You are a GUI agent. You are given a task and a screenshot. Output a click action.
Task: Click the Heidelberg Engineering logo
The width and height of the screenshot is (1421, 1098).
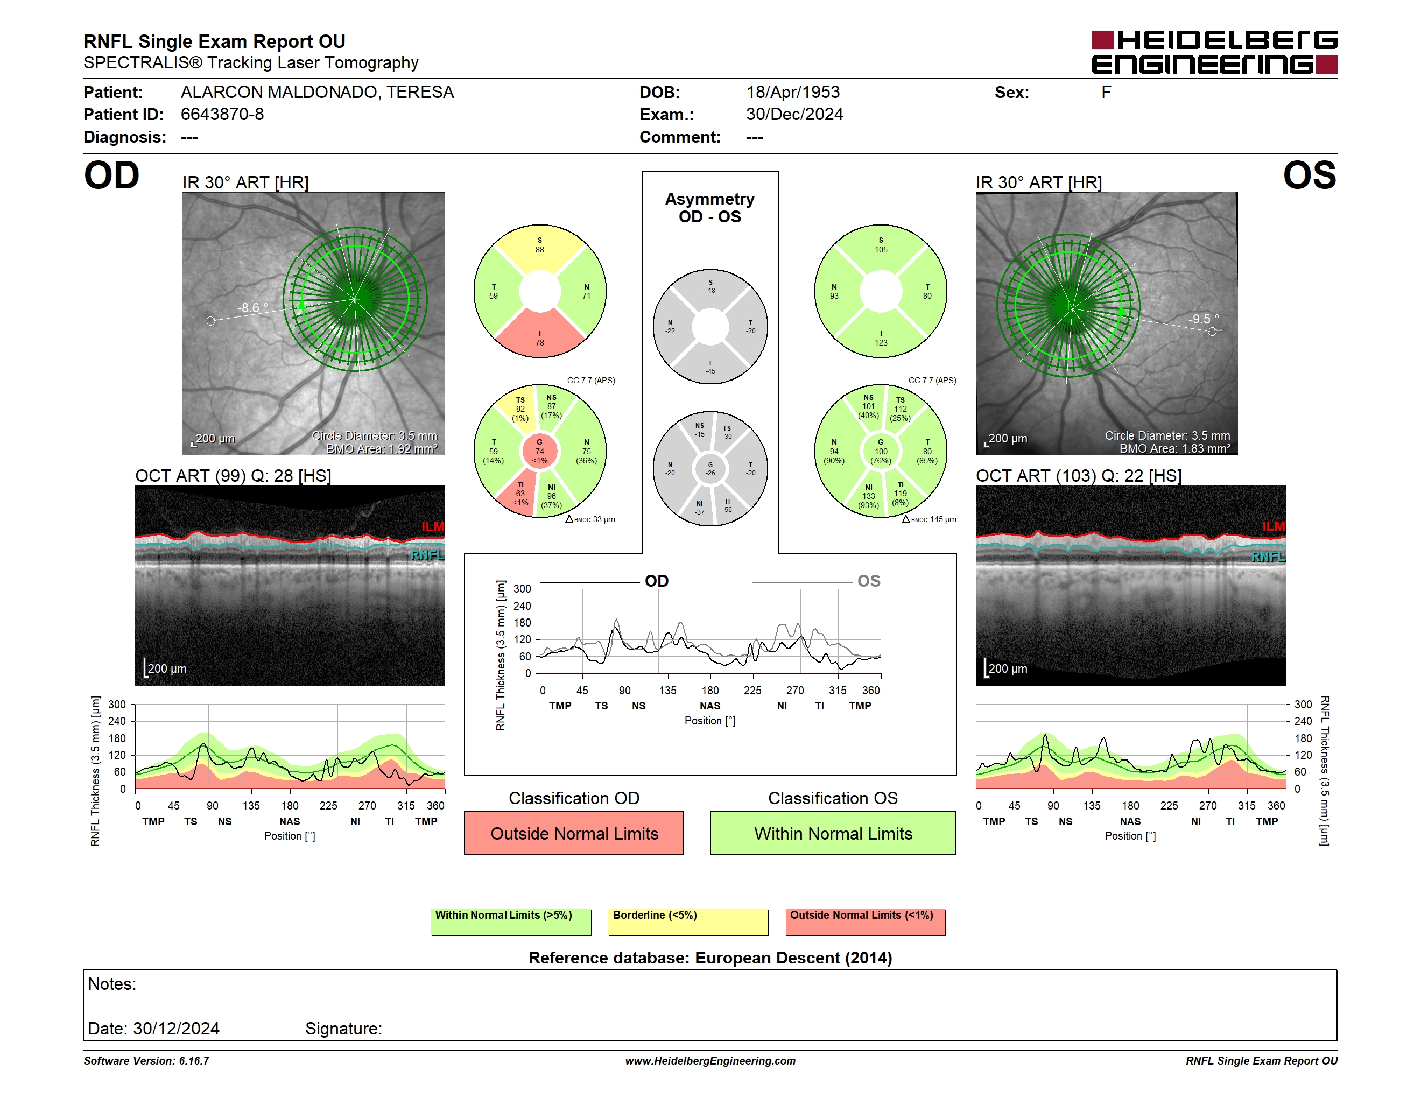(x=1214, y=52)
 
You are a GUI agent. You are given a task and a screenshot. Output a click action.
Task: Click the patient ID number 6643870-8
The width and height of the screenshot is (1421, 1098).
(x=222, y=115)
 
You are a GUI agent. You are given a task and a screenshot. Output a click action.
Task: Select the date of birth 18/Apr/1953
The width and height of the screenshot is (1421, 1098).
(x=792, y=93)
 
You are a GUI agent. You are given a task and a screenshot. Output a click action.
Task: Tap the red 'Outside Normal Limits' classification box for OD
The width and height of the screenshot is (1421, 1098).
(x=573, y=833)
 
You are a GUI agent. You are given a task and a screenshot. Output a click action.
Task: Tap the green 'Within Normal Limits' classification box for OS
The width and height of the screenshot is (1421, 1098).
(x=832, y=833)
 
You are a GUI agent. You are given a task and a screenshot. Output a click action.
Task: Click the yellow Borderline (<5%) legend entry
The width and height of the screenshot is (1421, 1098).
(x=688, y=921)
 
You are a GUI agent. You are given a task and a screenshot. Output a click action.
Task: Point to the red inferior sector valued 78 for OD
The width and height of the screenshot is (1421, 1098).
(x=540, y=335)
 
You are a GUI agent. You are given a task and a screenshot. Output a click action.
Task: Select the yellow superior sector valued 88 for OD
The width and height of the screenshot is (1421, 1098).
(x=540, y=247)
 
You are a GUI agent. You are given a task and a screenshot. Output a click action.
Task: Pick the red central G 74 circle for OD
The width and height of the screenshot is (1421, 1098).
(x=540, y=451)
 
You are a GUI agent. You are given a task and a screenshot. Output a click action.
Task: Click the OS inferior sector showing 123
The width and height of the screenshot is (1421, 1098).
(x=881, y=335)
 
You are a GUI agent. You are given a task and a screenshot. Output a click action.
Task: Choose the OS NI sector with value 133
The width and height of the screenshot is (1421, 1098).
(x=868, y=496)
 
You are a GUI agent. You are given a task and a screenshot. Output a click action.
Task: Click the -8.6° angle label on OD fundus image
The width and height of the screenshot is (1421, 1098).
(x=252, y=308)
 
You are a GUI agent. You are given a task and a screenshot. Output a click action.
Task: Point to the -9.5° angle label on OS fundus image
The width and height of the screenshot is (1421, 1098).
(x=1204, y=319)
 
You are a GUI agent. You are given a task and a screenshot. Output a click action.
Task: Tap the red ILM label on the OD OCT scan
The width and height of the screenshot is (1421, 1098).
(x=432, y=526)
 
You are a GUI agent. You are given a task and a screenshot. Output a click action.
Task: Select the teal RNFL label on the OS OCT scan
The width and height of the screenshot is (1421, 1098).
(x=1268, y=557)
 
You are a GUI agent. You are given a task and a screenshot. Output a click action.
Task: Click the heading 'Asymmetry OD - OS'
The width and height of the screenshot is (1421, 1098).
(x=710, y=208)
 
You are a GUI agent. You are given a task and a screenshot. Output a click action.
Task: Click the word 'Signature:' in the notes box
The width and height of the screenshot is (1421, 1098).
(x=343, y=1029)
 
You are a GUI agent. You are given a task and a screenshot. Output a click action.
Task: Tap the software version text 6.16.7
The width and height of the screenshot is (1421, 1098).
(x=194, y=1061)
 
